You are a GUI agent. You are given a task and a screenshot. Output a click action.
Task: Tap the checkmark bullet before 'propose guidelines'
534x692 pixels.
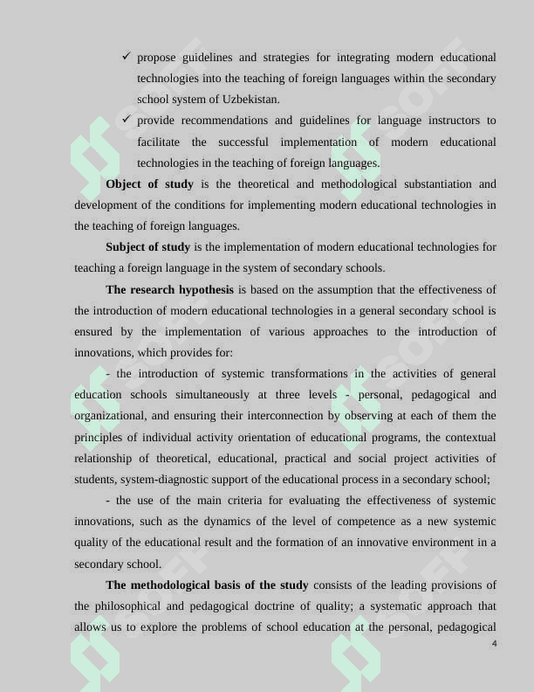pyautogui.click(x=127, y=57)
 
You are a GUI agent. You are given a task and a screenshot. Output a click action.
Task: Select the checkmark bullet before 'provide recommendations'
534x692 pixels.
pyautogui.click(x=127, y=120)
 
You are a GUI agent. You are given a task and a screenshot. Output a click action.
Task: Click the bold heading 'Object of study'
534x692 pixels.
pyautogui.click(x=149, y=184)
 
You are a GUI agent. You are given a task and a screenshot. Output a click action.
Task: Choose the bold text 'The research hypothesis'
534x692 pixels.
pyautogui.click(x=169, y=290)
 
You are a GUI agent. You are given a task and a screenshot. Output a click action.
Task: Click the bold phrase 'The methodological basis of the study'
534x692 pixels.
pyautogui.click(x=207, y=585)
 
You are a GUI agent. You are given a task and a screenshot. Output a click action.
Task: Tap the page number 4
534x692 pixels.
pyautogui.click(x=494, y=644)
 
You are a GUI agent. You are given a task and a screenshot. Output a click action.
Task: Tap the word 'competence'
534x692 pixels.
pyautogui.click(x=353, y=522)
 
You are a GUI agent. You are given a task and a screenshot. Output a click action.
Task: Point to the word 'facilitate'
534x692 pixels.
pyautogui.click(x=159, y=142)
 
